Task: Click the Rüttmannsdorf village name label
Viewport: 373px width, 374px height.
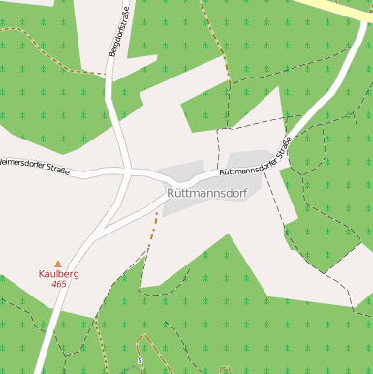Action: point(207,193)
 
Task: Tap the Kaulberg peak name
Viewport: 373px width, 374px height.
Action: point(58,274)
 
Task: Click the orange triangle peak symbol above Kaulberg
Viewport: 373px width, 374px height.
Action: point(58,263)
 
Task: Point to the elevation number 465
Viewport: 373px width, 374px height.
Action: point(58,284)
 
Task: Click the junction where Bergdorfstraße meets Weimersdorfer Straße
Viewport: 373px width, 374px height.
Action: point(129,173)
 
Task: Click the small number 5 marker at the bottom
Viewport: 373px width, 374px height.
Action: point(140,360)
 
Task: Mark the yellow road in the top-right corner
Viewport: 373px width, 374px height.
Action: point(349,7)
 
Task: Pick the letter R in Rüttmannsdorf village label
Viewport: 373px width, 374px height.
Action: point(171,193)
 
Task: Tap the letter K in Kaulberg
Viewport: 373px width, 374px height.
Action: point(42,274)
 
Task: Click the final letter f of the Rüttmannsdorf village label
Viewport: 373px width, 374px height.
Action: point(245,193)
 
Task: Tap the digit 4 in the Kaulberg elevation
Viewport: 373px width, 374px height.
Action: point(54,284)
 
